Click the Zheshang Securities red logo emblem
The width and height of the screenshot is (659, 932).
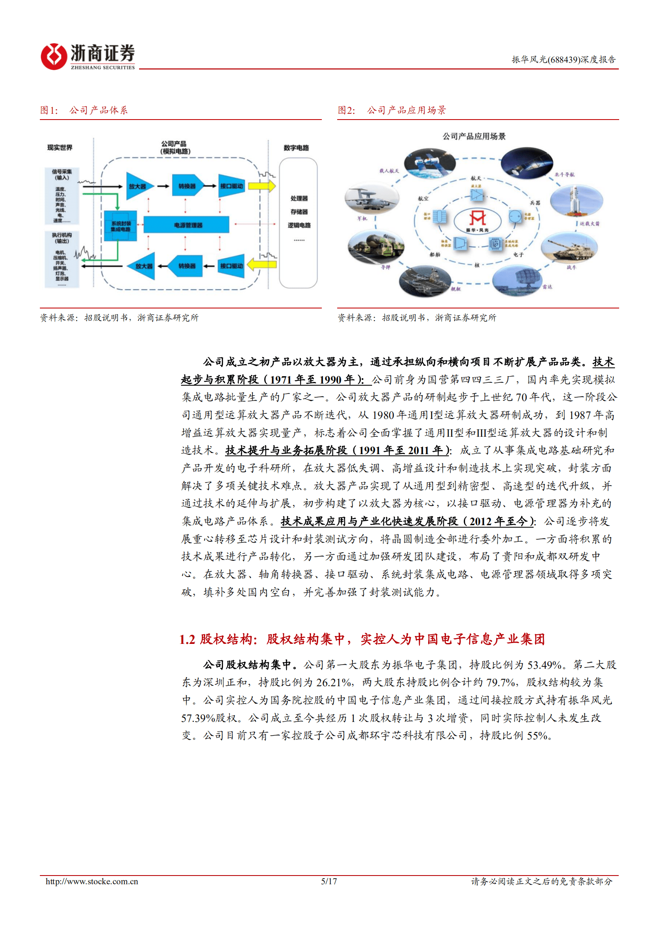(54, 56)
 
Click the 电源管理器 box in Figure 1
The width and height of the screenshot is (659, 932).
(186, 225)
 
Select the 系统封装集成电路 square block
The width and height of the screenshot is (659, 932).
(120, 226)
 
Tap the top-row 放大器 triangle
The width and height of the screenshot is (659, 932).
(138, 186)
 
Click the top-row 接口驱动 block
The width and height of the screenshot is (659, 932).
(231, 186)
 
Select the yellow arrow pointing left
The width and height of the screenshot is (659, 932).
(262, 264)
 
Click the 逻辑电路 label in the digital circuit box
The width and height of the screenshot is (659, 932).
(299, 225)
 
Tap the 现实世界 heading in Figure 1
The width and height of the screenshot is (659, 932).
(60, 147)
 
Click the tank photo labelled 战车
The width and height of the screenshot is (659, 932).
(569, 248)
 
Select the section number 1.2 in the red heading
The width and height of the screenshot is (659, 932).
(187, 639)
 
